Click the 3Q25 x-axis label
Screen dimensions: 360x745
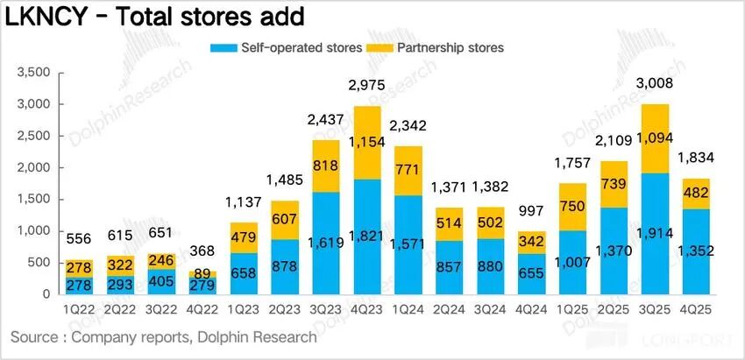click(x=659, y=310)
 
